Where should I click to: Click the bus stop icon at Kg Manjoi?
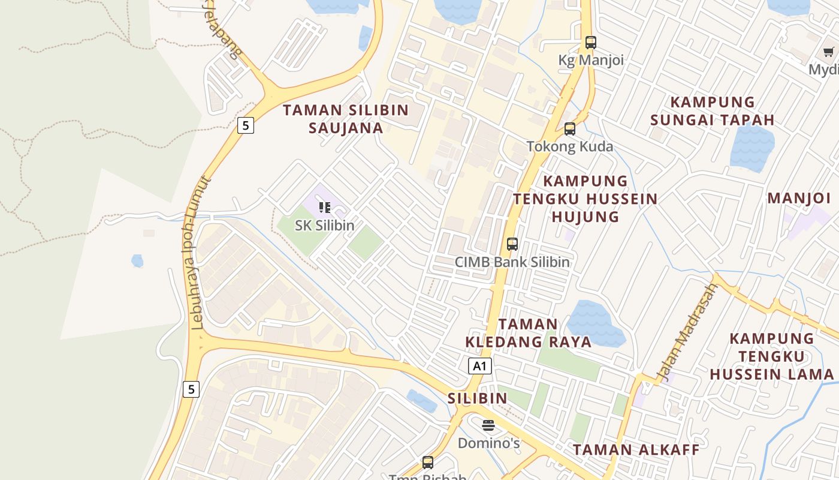click(x=591, y=43)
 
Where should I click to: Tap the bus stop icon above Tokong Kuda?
click(x=570, y=128)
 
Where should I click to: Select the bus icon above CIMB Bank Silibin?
click(x=512, y=244)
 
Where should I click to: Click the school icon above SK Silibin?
click(x=325, y=208)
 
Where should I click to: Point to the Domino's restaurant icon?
click(x=488, y=425)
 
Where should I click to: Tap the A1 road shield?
click(x=479, y=366)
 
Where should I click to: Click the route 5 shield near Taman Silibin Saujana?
click(x=245, y=125)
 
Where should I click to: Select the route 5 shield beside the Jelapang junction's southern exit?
click(x=191, y=389)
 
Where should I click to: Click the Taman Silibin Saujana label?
click(x=346, y=119)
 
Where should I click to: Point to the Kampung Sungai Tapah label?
click(x=712, y=111)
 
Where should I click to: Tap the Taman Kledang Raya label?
click(x=528, y=333)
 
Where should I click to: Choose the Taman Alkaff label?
click(x=636, y=449)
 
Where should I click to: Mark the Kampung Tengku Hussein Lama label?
click(x=772, y=356)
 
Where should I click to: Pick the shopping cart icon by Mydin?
click(x=828, y=52)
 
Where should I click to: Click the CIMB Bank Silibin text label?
click(x=512, y=262)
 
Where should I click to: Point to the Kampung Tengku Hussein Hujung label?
click(x=584, y=199)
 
